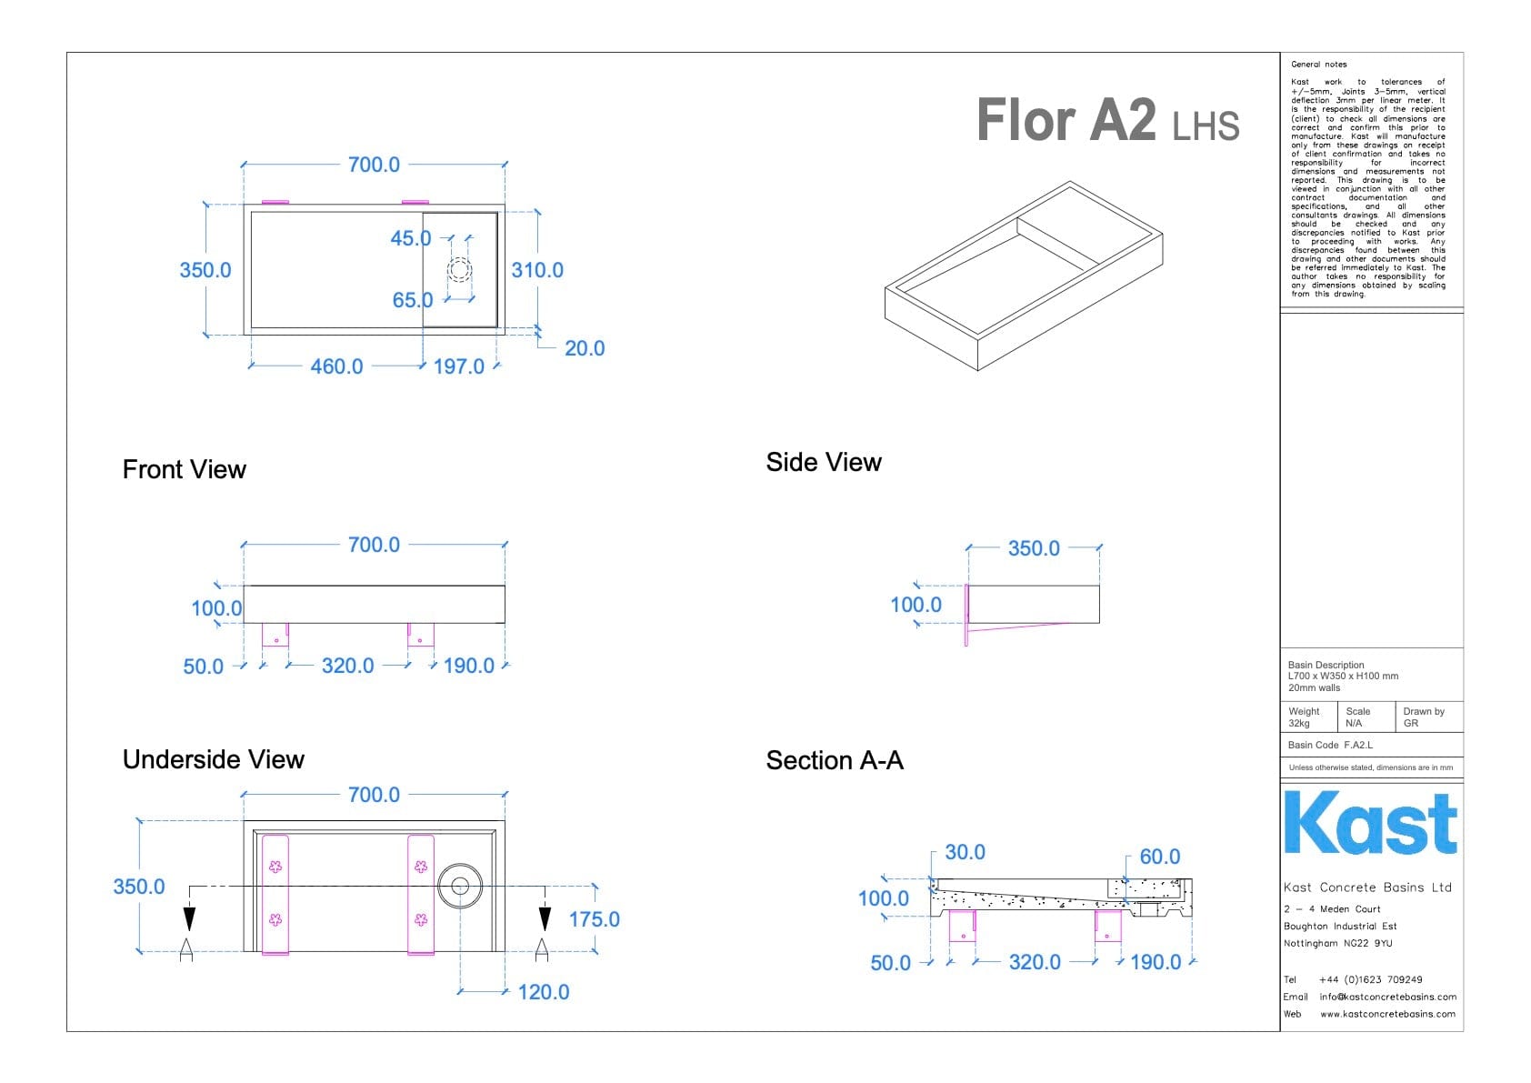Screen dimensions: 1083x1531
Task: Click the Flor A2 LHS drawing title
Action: click(1106, 121)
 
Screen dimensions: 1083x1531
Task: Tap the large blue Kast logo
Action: click(1370, 824)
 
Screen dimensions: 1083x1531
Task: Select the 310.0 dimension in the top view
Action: click(536, 270)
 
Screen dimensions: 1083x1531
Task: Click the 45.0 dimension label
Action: click(410, 238)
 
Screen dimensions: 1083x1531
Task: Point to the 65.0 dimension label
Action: click(412, 300)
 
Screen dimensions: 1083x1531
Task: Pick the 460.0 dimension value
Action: click(336, 366)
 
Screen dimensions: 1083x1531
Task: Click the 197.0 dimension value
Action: click(458, 366)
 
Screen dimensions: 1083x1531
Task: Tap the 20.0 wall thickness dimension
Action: click(584, 348)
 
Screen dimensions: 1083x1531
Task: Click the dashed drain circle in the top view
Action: click(460, 269)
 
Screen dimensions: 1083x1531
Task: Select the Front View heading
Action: click(184, 469)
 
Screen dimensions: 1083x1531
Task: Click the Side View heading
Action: click(823, 462)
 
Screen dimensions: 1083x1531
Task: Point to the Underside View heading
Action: click(213, 759)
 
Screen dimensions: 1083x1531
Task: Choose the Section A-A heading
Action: click(834, 760)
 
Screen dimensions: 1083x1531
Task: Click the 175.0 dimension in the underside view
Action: click(594, 919)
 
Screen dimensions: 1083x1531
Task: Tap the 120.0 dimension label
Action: click(543, 992)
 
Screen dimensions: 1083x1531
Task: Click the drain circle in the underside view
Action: click(459, 886)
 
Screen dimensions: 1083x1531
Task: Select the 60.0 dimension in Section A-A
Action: click(1159, 857)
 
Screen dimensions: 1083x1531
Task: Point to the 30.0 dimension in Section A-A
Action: click(965, 852)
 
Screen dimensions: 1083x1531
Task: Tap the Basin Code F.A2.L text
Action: click(1330, 745)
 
